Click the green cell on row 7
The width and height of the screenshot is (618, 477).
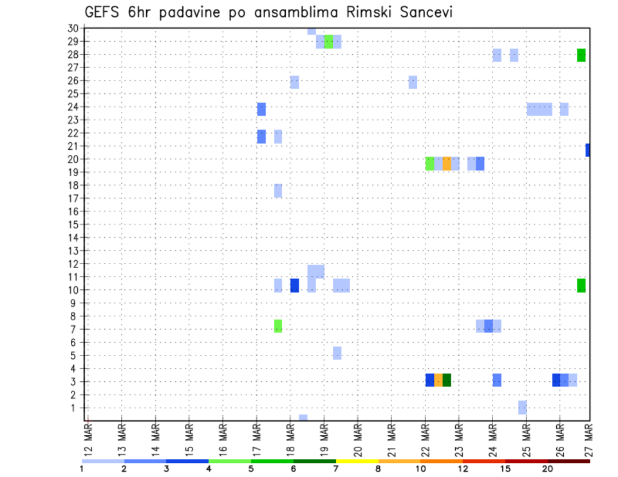278,326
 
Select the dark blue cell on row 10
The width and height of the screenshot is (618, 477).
295,285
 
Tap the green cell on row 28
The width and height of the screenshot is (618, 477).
581,55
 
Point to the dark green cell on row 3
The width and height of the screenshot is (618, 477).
447,380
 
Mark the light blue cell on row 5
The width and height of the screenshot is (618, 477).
337,353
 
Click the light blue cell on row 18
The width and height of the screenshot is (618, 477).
278,190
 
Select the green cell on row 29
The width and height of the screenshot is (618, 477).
329,42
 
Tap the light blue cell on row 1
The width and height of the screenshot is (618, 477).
523,407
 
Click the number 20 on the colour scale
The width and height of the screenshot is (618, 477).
547,469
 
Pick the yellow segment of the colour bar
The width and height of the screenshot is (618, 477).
357,461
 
